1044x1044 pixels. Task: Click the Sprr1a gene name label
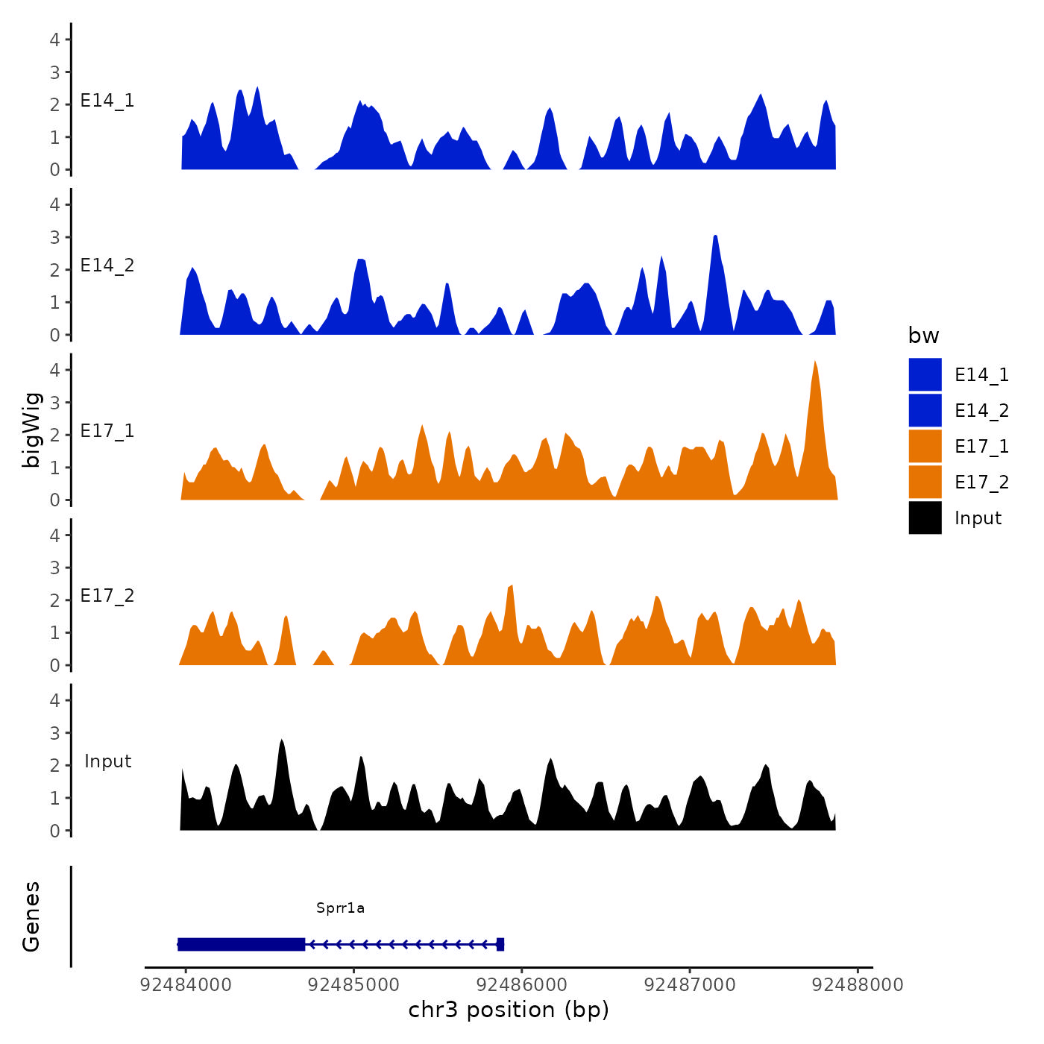(340, 908)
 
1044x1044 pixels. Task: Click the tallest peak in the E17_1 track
(815, 363)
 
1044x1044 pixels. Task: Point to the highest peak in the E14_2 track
(715, 237)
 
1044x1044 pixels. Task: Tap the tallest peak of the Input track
(282, 741)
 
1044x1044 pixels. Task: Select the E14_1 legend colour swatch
(925, 374)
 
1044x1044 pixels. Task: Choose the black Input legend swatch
(925, 518)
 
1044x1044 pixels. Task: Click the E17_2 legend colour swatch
(925, 482)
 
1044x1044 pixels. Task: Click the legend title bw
(923, 336)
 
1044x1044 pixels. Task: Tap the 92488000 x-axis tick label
(858, 984)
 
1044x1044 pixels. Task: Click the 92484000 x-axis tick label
(186, 984)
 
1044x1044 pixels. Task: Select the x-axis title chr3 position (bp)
(509, 1010)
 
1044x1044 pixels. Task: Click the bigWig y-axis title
(31, 430)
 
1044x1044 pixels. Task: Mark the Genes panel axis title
(31, 916)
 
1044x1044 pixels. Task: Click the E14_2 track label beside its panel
(107, 265)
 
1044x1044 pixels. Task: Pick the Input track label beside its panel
(107, 761)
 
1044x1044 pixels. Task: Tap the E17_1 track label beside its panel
(107, 431)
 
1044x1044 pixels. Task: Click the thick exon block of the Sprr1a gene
(242, 944)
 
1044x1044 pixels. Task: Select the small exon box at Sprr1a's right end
(500, 944)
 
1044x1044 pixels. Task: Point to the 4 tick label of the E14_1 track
(54, 40)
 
